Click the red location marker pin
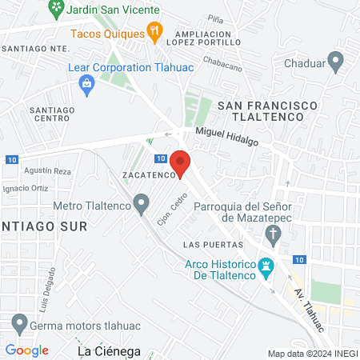(x=180, y=163)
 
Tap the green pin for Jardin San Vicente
(x=56, y=10)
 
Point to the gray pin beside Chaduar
(x=336, y=60)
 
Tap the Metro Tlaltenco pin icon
(x=142, y=205)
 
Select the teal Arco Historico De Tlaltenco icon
(x=267, y=266)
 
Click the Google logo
(x=27, y=350)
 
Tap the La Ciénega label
(x=109, y=351)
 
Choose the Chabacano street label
(x=222, y=68)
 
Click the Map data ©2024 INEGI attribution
(x=311, y=353)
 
